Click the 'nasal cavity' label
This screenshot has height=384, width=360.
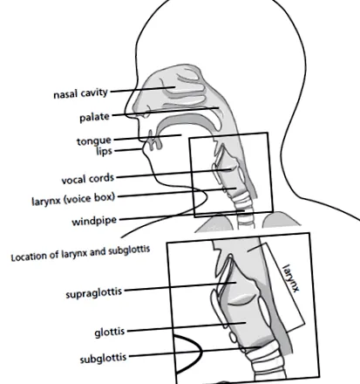point(81,93)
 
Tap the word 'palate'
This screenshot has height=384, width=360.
point(95,117)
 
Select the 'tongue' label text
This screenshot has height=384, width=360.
point(94,141)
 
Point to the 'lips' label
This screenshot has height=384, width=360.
point(104,151)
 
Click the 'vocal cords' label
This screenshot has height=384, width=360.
point(88,179)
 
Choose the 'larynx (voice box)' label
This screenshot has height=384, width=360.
point(73,199)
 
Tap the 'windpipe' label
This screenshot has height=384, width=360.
point(94,221)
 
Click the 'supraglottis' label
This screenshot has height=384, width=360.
point(94,293)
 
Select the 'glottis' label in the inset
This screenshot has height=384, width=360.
point(110,332)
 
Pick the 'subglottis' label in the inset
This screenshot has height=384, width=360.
point(103,358)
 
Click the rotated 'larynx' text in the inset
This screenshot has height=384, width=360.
point(291,278)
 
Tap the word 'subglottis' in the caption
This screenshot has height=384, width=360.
point(129,250)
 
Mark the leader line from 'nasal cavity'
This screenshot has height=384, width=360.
point(143,89)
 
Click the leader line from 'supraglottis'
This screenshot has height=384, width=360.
point(180,286)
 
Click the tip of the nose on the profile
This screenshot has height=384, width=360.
point(126,112)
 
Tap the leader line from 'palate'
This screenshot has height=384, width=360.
point(166,112)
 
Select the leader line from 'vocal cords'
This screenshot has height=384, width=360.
point(173,173)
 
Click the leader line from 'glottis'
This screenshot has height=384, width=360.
point(187,326)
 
